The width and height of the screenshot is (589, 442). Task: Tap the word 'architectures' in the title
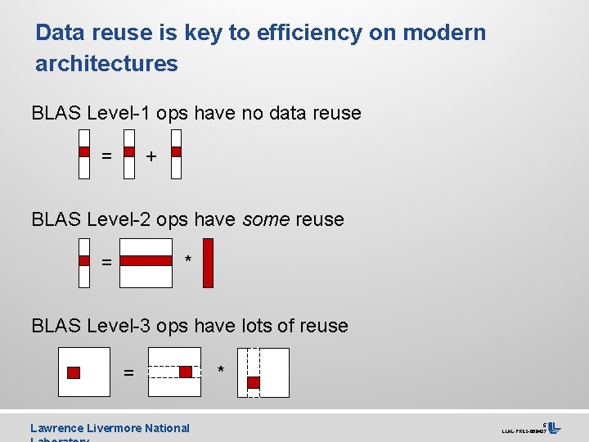[x=106, y=63]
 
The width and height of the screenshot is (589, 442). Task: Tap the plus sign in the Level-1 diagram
[x=151, y=156]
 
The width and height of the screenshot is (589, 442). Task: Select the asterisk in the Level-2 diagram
[x=188, y=260]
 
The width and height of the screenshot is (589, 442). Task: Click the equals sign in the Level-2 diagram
[x=106, y=263]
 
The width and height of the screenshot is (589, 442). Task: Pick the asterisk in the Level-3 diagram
[x=221, y=371]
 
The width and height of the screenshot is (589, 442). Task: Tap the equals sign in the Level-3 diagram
[x=128, y=373]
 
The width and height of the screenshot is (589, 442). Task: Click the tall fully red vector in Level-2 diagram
[x=208, y=263]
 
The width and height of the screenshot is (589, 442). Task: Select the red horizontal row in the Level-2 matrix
[x=146, y=260]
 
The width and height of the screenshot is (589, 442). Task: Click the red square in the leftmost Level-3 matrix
[x=74, y=372]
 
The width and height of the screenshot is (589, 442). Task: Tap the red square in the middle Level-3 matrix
[x=186, y=372]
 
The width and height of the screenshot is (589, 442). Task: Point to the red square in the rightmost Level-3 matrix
[x=254, y=382]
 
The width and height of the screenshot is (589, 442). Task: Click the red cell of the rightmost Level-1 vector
[x=177, y=151]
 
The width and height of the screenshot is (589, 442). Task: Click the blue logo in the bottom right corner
[x=554, y=428]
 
